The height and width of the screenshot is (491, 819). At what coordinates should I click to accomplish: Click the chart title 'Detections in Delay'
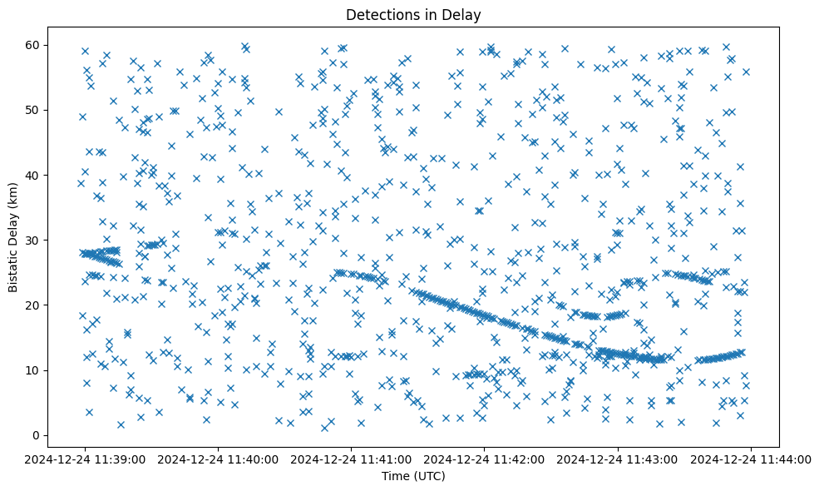pyautogui.click(x=413, y=14)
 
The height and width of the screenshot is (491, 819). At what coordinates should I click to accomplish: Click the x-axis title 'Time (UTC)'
pyautogui.click(x=413, y=476)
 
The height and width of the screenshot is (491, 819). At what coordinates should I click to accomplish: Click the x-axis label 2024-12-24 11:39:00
pyautogui.click(x=84, y=459)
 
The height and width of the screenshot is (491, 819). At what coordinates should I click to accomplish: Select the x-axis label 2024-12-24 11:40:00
pyautogui.click(x=218, y=459)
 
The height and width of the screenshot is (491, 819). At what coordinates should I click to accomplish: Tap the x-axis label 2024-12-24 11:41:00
pyautogui.click(x=351, y=459)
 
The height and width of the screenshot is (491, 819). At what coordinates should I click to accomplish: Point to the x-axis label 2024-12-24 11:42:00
pyautogui.click(x=485, y=459)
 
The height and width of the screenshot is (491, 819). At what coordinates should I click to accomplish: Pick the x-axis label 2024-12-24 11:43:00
pyautogui.click(x=618, y=459)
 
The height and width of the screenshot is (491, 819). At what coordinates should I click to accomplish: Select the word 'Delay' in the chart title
pyautogui.click(x=464, y=14)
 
